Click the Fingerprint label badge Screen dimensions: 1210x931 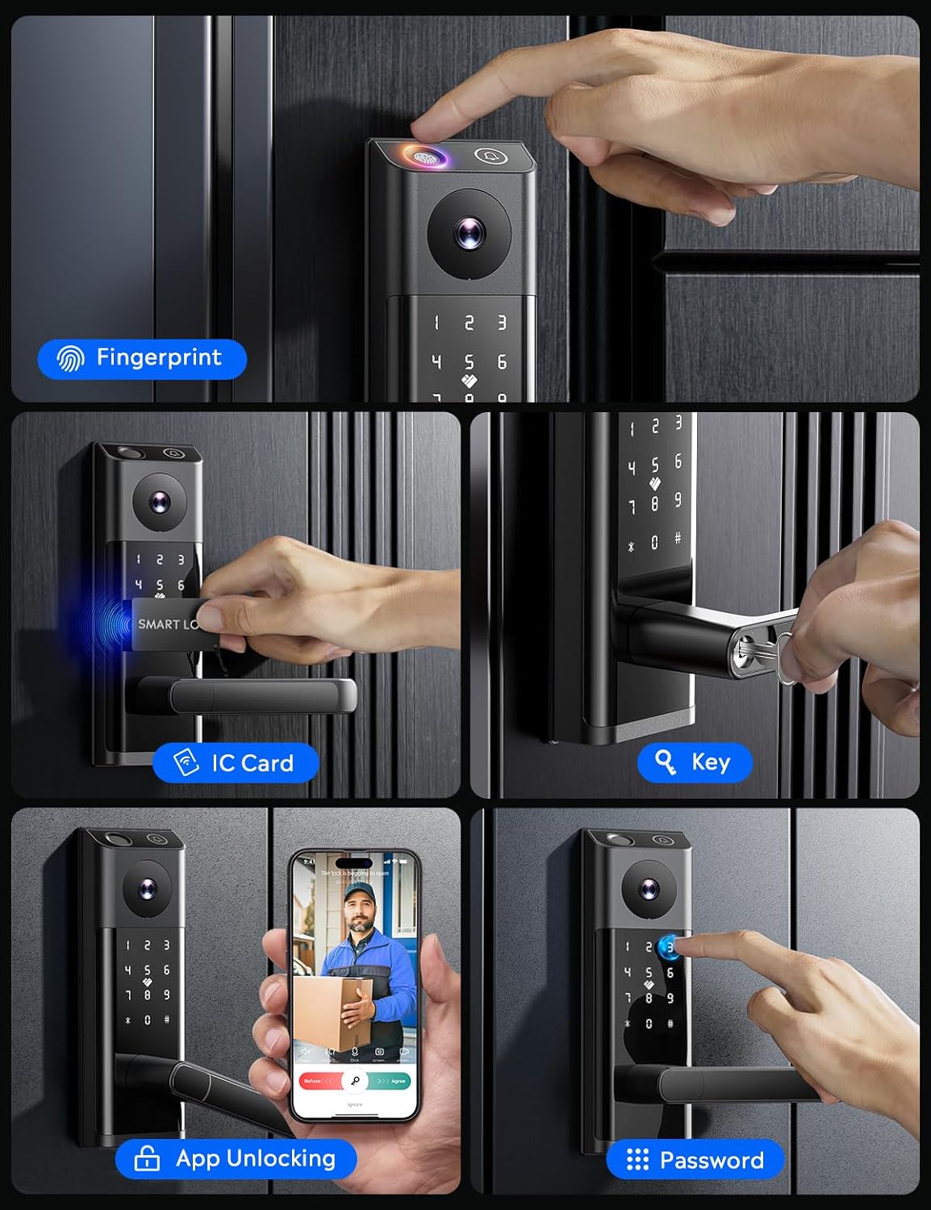coord(142,358)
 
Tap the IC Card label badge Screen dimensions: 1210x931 coord(236,762)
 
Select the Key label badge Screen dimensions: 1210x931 coord(695,762)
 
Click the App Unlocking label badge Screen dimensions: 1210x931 coord(236,1159)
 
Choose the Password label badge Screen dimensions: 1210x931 coord(695,1160)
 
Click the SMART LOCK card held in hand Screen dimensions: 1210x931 coord(166,624)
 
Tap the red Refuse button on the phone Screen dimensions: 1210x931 coord(316,1081)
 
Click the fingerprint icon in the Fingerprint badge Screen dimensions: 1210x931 coord(71,358)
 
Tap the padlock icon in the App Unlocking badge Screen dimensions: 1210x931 coord(146,1159)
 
